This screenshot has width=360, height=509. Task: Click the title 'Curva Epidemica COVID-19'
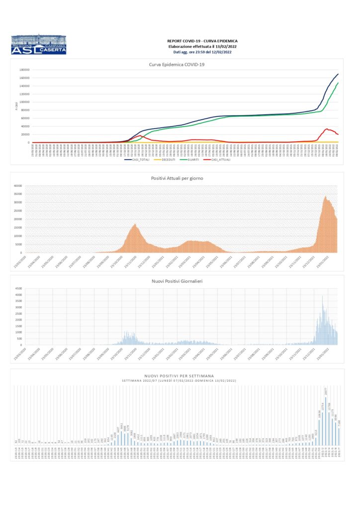coord(177,64)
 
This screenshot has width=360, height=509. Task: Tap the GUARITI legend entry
coord(194,160)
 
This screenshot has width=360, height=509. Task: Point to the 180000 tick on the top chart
coord(25,70)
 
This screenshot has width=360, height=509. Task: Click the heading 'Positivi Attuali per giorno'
coord(177,178)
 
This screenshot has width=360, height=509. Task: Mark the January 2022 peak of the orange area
coord(326,197)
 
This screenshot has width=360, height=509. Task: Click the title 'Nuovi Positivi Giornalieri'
coord(177,281)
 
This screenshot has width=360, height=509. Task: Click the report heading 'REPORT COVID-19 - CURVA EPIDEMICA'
coord(202,41)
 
